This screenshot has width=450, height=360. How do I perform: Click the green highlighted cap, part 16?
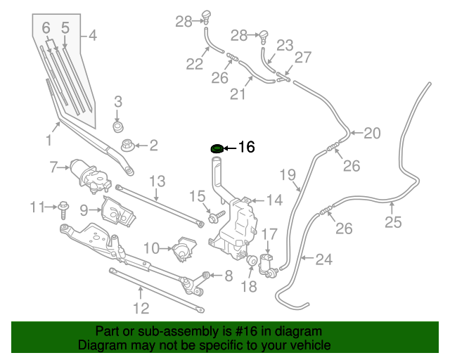click(217, 148)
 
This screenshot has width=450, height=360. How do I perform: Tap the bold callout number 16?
click(247, 147)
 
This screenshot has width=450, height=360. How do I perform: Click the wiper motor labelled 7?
click(90, 176)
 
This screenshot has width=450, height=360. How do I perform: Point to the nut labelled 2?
click(127, 146)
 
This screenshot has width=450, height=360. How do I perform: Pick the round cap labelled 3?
click(117, 127)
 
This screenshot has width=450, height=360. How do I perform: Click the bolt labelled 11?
click(63, 210)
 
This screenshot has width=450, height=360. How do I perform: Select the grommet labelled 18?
click(252, 261)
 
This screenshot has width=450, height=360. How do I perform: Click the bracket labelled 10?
click(184, 249)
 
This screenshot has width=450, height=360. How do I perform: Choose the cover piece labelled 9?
click(118, 212)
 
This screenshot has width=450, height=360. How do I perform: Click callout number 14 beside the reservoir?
click(275, 200)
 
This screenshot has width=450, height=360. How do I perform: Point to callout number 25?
click(393, 222)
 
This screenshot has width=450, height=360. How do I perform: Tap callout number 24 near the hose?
click(324, 259)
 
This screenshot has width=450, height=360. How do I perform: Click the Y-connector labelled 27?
click(283, 77)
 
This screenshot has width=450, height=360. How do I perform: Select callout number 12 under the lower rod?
click(141, 308)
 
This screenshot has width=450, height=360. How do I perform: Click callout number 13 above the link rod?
click(157, 181)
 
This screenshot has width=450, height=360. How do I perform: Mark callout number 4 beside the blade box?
click(93, 36)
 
